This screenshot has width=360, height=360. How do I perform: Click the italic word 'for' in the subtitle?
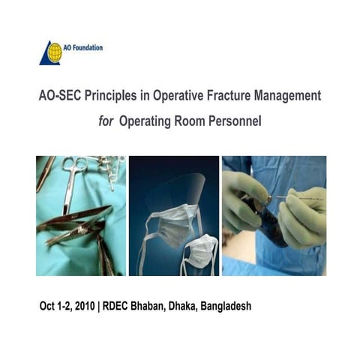tap(108, 119)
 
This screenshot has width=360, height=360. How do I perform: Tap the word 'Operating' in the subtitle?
tap(152, 120)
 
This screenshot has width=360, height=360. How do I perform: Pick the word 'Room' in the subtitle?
tap(200, 119)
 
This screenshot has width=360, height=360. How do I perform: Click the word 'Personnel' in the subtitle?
tap(241, 119)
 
